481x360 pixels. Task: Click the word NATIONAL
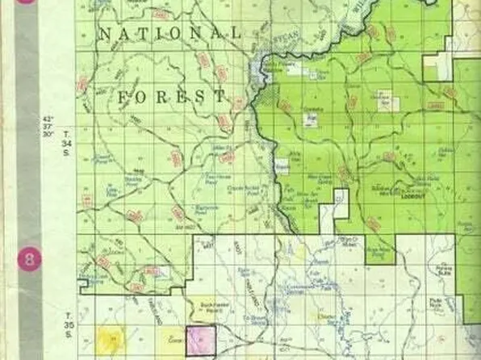point(169,34)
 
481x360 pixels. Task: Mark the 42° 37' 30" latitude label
point(50,126)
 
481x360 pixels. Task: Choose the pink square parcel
point(201,340)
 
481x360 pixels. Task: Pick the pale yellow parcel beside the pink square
point(171,340)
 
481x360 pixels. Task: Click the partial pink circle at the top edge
point(29,2)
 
